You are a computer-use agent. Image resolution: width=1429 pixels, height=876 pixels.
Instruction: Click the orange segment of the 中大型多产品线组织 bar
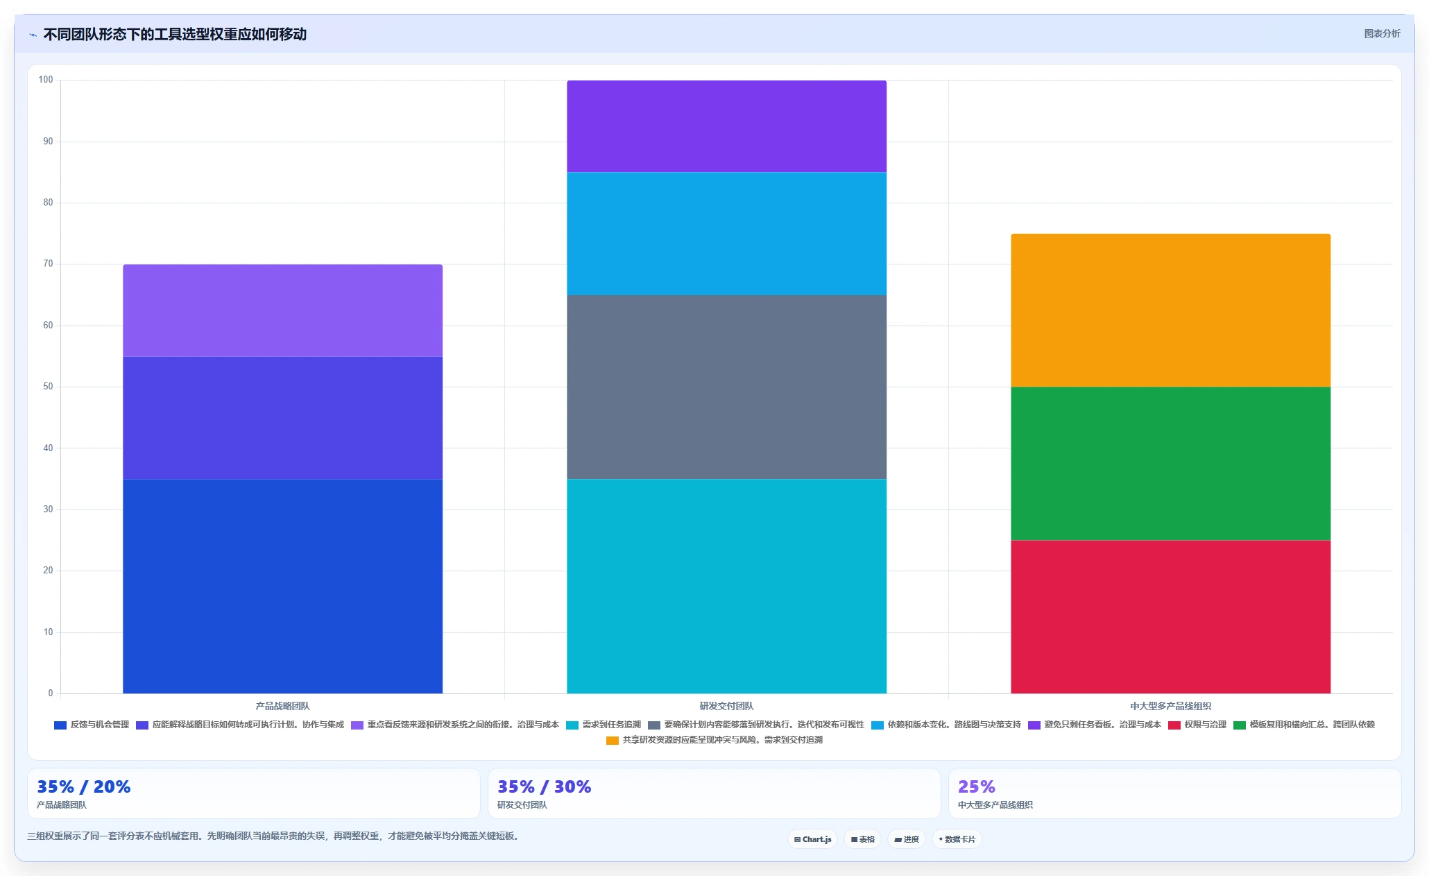click(1170, 310)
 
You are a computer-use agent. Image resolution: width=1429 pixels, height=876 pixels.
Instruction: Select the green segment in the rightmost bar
click(1170, 464)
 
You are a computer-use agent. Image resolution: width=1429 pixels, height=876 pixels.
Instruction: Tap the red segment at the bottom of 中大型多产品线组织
click(1170, 617)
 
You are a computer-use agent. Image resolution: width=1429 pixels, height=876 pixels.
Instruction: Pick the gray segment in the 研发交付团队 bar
click(726, 387)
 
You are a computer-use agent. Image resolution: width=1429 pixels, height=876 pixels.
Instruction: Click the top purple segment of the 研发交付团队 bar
click(726, 126)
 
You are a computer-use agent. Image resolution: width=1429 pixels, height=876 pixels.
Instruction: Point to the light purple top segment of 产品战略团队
click(282, 310)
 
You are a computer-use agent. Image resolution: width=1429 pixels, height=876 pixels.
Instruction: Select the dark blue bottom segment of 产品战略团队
click(282, 587)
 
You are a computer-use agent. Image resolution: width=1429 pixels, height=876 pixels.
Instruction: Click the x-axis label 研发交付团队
click(726, 706)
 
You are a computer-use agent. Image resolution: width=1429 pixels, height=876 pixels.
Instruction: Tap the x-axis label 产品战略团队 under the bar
click(282, 706)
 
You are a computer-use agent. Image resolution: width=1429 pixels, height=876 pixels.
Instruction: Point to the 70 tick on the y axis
click(48, 264)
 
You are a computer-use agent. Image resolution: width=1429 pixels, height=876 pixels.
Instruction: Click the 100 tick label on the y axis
click(46, 80)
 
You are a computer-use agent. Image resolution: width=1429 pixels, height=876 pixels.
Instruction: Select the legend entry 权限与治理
click(1197, 725)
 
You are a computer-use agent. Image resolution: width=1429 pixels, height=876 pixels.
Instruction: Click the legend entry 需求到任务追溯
click(604, 725)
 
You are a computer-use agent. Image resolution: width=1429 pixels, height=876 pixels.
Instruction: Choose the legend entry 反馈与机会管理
click(92, 725)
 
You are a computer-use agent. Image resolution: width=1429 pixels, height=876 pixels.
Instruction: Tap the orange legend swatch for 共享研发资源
click(612, 741)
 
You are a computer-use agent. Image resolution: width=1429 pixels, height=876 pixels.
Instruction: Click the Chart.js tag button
click(812, 839)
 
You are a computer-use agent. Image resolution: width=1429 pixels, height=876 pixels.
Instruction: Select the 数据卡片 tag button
click(957, 839)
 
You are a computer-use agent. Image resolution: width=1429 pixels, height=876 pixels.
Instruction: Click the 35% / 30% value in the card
click(544, 786)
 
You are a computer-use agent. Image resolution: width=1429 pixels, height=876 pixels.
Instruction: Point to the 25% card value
click(976, 786)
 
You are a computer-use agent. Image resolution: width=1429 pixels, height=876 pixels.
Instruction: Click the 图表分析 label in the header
click(1382, 33)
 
